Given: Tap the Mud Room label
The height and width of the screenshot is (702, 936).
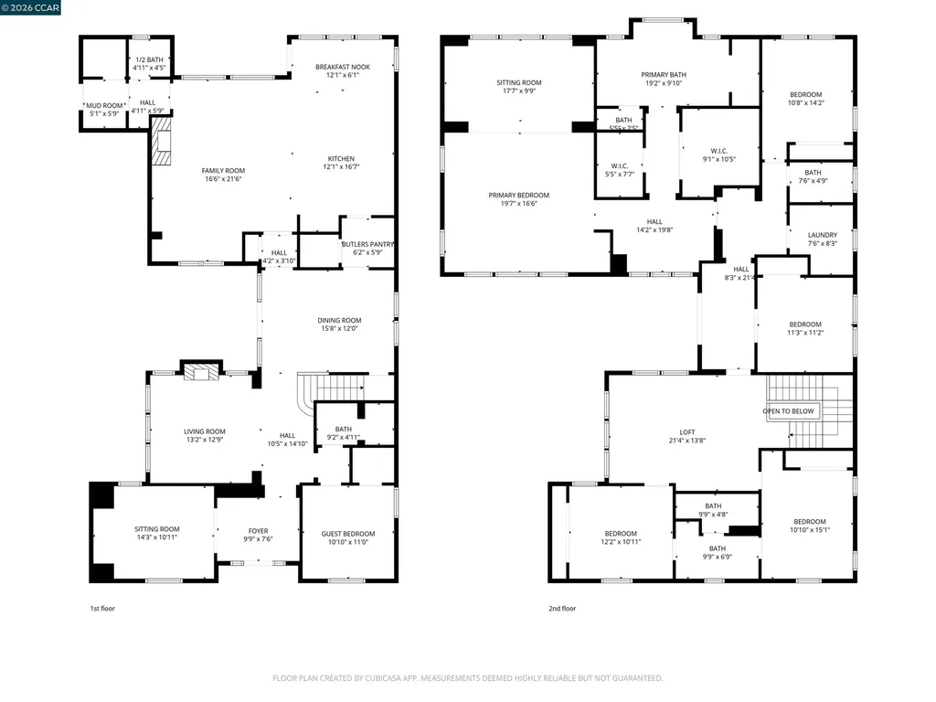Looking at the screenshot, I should coord(106,105).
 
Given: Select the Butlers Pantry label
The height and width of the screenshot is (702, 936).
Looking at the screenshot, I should coord(367,244).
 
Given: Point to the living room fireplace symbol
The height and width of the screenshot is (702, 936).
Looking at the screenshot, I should coord(201,371).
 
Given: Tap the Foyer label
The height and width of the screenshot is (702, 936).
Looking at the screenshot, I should coord(259,530).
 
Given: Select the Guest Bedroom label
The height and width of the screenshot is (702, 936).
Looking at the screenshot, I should coord(347,534).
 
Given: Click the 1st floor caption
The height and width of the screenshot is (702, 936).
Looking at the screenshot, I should coord(102,608).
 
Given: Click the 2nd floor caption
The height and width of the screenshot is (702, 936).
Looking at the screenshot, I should coord(562,608).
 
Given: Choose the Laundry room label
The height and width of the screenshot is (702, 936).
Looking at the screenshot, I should coord(822,235).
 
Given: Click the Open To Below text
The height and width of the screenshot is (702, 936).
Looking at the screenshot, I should coord(788,411).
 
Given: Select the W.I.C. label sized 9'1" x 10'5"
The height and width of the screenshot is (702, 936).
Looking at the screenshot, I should coord(718,151).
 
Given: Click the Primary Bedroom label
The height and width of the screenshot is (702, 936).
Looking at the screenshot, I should coord(518,195).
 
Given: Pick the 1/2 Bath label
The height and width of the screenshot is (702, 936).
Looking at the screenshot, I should coord(148,59).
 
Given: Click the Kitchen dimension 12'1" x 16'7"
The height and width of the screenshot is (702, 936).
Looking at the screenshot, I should coord(341,166).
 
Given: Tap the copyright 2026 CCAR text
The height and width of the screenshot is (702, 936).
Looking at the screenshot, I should coord(31,8).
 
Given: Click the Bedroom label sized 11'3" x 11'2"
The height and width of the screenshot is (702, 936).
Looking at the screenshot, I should coord(805,324).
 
